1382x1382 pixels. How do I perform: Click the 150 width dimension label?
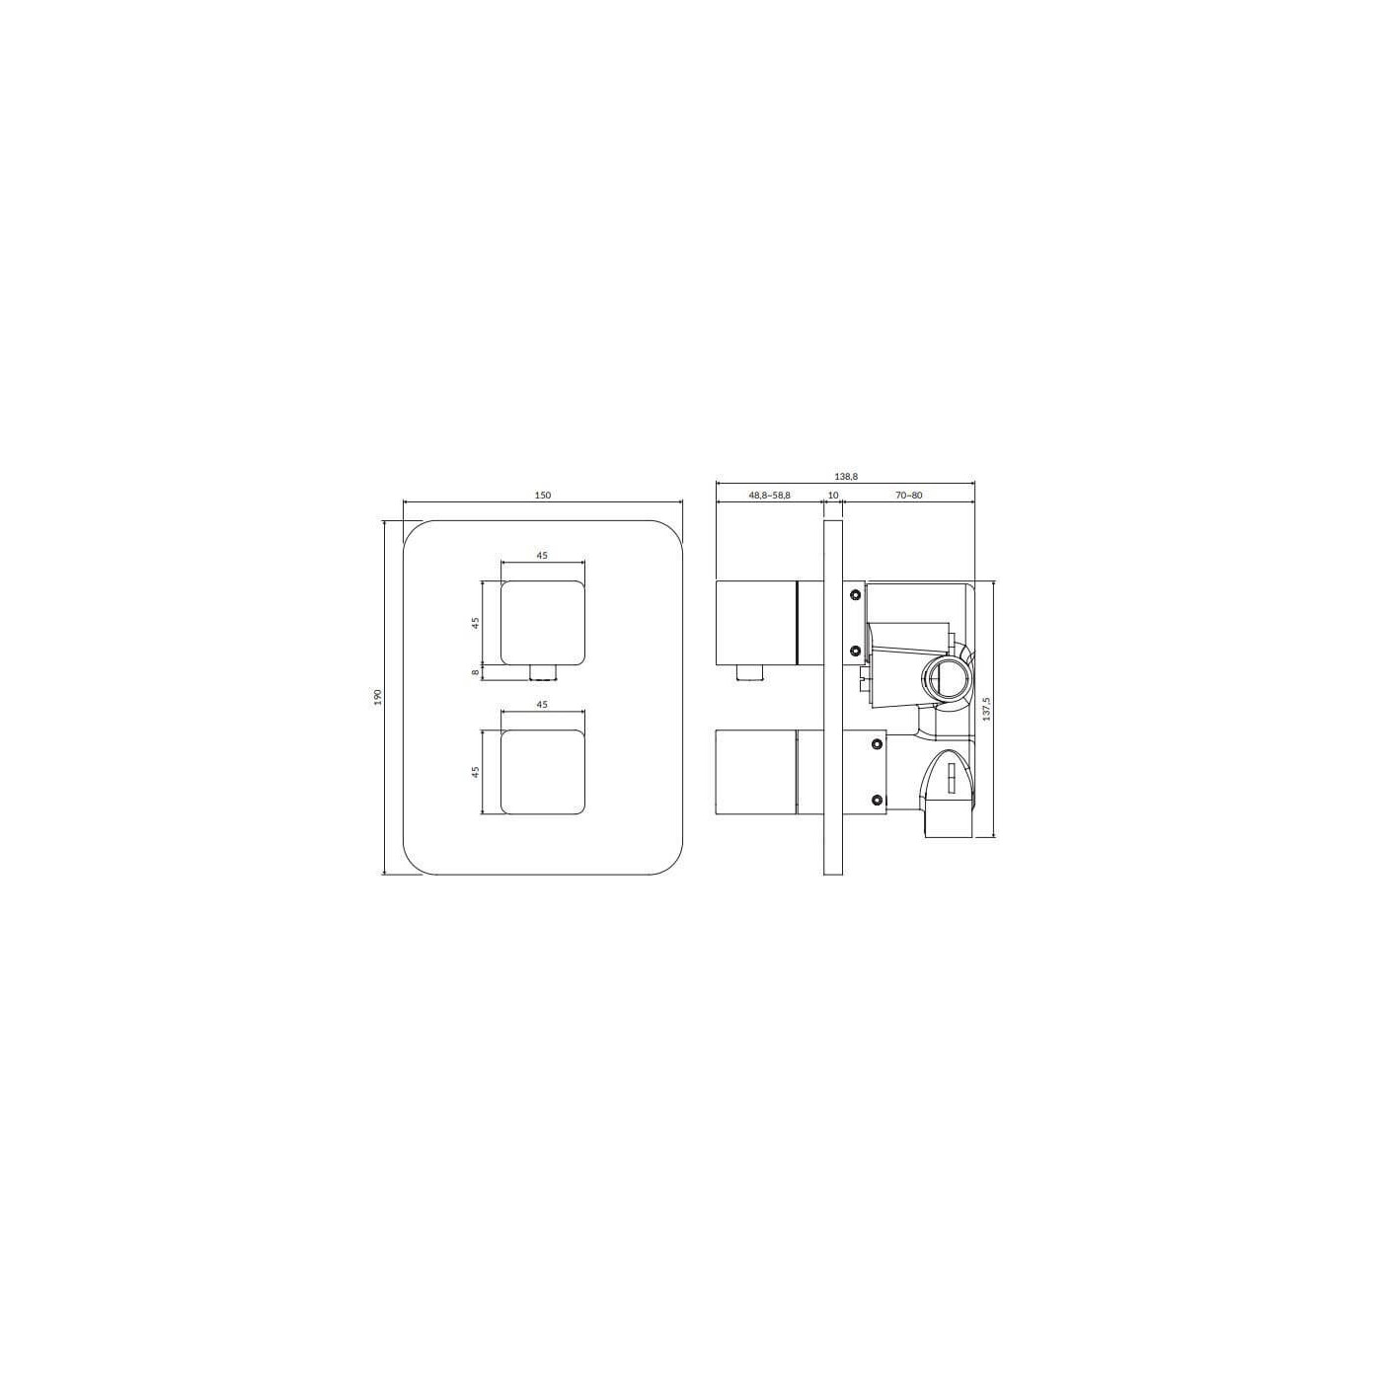[543, 495]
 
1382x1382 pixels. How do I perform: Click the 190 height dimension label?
[378, 696]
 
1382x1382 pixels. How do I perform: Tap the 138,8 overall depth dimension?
[847, 476]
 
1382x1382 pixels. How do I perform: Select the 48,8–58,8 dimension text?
[770, 495]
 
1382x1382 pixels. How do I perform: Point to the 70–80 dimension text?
[908, 495]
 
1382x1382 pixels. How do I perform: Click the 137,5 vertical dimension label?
[987, 710]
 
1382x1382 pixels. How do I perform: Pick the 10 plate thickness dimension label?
[832, 495]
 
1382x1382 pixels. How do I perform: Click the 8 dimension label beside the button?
[475, 672]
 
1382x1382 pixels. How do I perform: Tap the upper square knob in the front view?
[542, 622]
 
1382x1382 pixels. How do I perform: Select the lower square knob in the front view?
[542, 772]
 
